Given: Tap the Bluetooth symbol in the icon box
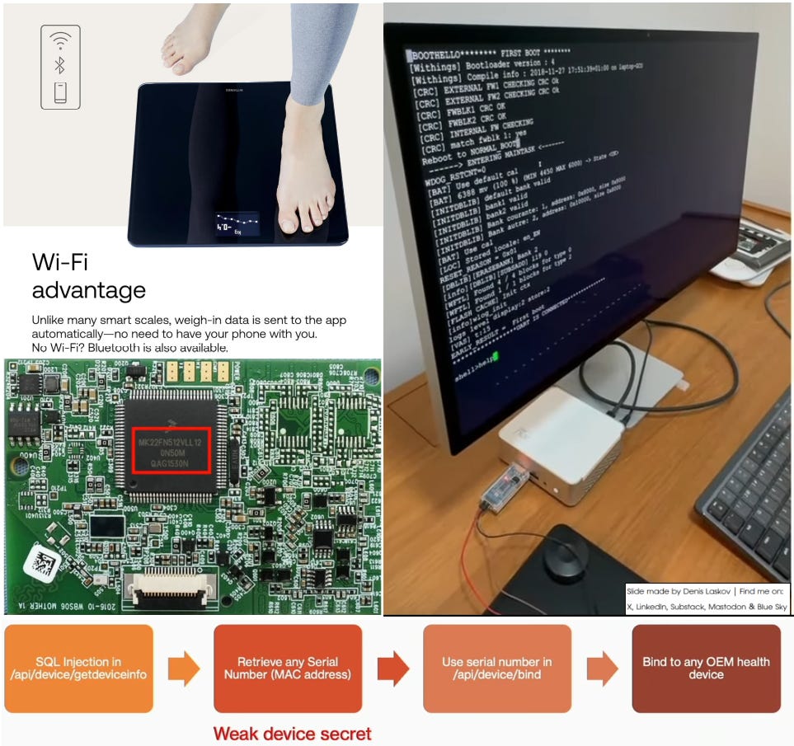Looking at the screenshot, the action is (x=60, y=65).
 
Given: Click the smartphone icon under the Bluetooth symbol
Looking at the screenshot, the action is (x=60, y=91).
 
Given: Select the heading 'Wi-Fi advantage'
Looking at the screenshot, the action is (x=88, y=276).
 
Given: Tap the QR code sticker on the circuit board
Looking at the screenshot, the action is (x=40, y=561).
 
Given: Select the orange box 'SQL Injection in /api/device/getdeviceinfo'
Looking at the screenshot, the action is (x=79, y=669).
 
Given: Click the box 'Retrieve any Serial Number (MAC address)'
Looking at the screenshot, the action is (x=288, y=669).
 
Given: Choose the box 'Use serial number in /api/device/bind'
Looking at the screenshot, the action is (x=496, y=669).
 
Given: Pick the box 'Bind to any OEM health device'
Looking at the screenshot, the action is (x=706, y=669).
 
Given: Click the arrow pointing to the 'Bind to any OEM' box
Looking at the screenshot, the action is (x=602, y=669).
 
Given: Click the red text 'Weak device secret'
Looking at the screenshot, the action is (x=292, y=733).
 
